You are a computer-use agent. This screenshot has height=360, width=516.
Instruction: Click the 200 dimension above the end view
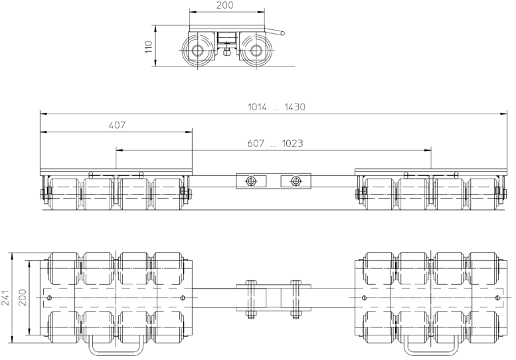tap(225, 5)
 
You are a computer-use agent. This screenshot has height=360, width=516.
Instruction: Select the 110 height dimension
tap(149, 46)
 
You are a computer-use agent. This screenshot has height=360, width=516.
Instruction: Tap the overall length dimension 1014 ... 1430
tap(276, 107)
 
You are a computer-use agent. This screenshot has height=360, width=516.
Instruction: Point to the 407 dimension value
tap(117, 125)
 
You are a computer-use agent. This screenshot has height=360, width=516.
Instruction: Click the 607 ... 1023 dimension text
tap(275, 143)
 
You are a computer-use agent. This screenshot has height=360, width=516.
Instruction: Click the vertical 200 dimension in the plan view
tap(23, 298)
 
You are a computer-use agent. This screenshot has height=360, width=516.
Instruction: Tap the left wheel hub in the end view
tap(197, 50)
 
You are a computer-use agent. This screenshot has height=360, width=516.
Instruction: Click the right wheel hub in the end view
tap(256, 50)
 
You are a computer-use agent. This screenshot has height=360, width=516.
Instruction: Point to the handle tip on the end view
tap(283, 33)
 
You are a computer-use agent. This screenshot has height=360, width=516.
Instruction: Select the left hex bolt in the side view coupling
tap(251, 181)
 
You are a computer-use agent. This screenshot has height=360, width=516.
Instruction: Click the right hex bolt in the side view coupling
tap(296, 181)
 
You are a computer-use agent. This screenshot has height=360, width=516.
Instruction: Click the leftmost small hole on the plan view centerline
tap(49, 298)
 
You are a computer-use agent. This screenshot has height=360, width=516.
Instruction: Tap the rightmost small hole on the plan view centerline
tap(498, 298)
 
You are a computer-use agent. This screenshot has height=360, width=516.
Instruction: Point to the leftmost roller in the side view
tap(64, 194)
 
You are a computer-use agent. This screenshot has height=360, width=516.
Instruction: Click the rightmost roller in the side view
tap(483, 194)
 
